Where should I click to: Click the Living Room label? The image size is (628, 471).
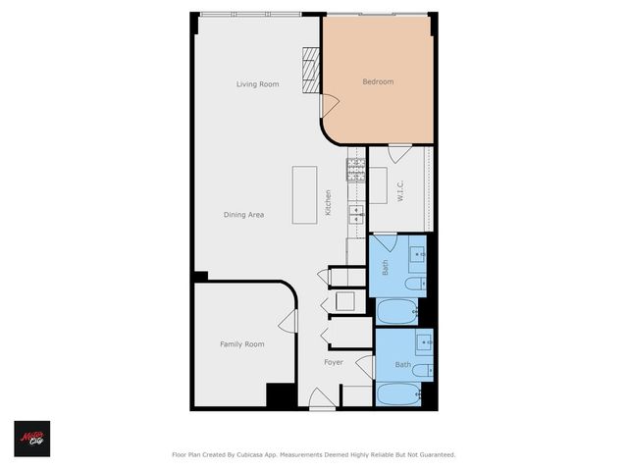click(x=257, y=84)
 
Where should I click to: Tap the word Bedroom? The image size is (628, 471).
click(x=378, y=81)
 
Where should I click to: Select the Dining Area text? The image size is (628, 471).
click(x=243, y=214)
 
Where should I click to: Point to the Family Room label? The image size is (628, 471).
click(x=241, y=344)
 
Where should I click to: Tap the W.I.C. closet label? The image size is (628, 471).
click(x=400, y=190)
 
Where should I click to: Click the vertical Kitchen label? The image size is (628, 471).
click(x=329, y=202)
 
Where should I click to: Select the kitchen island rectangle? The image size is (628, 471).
click(x=304, y=193)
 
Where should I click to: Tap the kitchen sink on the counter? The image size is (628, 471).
click(x=357, y=212)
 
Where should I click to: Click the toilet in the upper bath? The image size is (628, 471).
click(x=415, y=285)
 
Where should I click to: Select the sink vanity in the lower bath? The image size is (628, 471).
click(x=424, y=342)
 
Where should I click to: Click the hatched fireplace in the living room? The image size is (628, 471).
click(x=312, y=71)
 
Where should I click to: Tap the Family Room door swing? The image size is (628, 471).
click(x=288, y=322)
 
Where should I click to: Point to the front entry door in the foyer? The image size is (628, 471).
click(x=321, y=399)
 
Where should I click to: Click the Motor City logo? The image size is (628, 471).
click(x=31, y=439)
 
